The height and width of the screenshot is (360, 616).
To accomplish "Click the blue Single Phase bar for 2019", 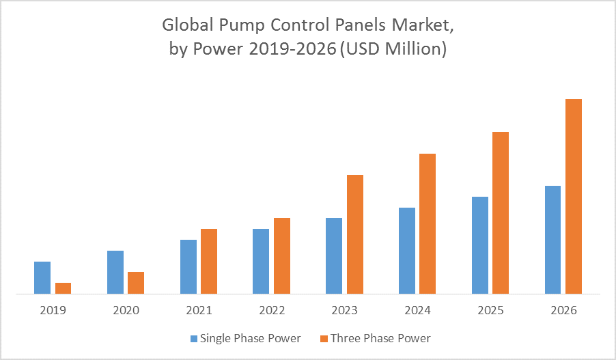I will [x=42, y=277].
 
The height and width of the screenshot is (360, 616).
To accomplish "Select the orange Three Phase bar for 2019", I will [x=63, y=288].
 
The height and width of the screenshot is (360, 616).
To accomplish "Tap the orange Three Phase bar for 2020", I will [x=136, y=283].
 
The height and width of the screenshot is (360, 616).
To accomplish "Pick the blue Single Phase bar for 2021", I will [x=188, y=266].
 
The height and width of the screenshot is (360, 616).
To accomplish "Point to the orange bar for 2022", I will [x=282, y=255].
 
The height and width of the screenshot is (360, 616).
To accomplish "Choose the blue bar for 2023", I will [x=334, y=255].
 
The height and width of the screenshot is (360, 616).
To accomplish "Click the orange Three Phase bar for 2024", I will [x=428, y=223].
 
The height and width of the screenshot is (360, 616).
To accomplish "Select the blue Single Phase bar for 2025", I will [x=480, y=245].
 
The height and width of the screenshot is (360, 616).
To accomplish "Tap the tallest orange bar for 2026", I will [x=574, y=196].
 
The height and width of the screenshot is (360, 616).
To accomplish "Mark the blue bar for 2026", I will [x=552, y=240].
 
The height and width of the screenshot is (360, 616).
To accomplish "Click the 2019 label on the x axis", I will [x=53, y=310].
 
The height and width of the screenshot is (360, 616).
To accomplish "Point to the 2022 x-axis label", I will [x=272, y=310].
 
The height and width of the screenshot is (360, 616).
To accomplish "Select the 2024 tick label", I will [x=418, y=310].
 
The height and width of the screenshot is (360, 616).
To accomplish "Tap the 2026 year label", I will [x=564, y=310].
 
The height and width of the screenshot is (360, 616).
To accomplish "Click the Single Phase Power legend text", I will [x=250, y=338].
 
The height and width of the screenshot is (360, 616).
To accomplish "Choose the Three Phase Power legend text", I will [x=380, y=338].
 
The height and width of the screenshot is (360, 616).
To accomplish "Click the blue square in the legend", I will [x=193, y=338].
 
